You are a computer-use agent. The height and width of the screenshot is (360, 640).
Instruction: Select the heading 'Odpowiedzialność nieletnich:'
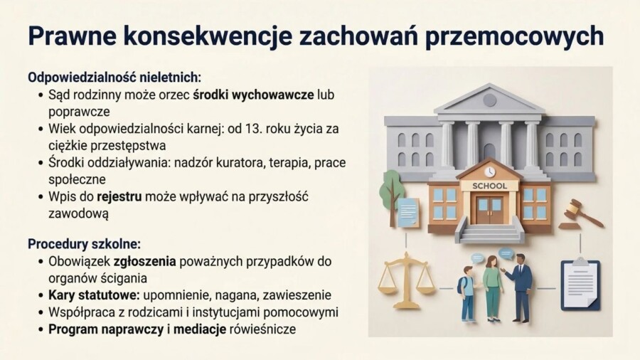coord(114,77)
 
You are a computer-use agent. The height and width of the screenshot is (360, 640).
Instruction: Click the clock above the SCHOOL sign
coord(489,171)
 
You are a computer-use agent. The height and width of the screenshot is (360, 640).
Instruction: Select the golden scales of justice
coord(406,280)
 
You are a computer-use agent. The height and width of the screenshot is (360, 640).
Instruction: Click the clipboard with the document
coord(580,284)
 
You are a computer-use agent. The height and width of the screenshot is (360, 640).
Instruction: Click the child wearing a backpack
coord(466,292)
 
